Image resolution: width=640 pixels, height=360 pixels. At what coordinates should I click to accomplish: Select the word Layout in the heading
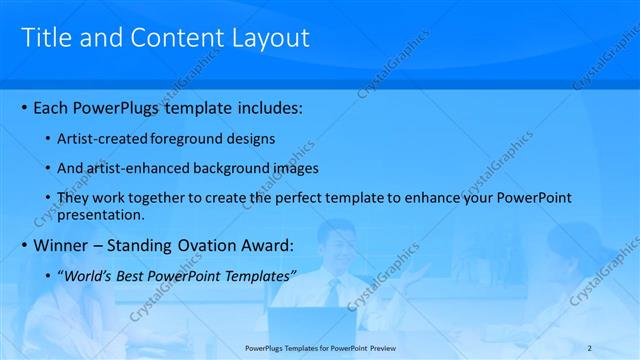271,37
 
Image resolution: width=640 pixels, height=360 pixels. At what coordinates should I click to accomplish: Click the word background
223,168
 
